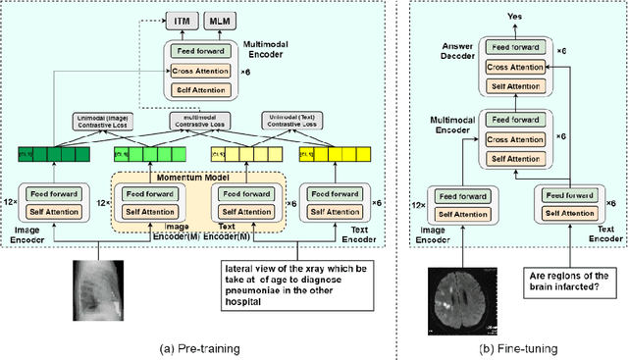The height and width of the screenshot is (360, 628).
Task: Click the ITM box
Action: tap(180, 20)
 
